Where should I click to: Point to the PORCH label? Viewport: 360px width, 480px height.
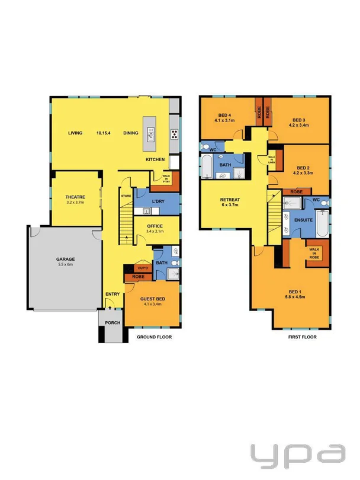click(112, 323)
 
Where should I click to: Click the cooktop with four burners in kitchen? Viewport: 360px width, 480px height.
click(175, 133)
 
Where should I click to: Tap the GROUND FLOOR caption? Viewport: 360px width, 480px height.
click(155, 337)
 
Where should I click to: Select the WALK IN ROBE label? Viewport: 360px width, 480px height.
click(314, 253)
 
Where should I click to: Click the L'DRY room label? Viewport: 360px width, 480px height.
click(157, 203)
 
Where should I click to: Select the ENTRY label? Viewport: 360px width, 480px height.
click(112, 295)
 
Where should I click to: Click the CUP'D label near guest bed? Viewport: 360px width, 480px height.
click(142, 268)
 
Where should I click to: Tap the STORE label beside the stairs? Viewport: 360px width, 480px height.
click(126, 196)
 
